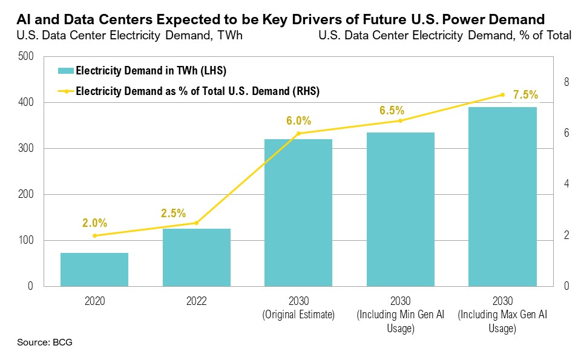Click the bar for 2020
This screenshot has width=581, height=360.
(x=94, y=269)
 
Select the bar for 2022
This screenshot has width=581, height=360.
(x=196, y=257)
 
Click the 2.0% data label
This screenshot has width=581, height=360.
(x=94, y=223)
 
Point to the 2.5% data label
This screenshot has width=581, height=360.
(x=173, y=213)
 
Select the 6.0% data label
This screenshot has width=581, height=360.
(x=298, y=120)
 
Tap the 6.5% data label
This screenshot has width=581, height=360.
(x=391, y=111)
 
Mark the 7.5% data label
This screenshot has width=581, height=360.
(x=525, y=95)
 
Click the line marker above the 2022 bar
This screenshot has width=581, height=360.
(x=196, y=223)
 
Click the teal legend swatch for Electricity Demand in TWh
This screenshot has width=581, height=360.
(x=65, y=71)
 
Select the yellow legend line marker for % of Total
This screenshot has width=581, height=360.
(x=65, y=91)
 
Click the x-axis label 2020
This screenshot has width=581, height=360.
(x=94, y=301)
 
